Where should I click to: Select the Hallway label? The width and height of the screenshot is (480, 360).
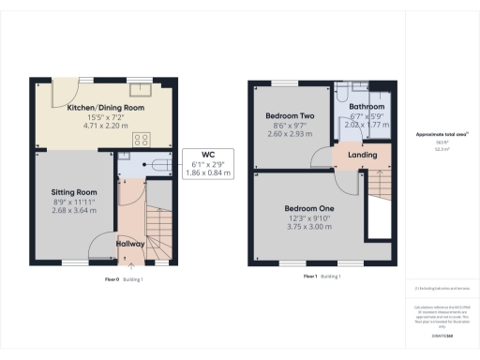point(130,244)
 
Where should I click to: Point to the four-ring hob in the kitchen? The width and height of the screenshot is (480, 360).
point(144,139)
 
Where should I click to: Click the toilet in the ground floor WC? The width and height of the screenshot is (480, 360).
point(157,163)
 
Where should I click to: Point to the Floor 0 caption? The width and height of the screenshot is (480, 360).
point(111,278)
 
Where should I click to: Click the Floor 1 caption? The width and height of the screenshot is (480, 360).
point(310,277)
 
